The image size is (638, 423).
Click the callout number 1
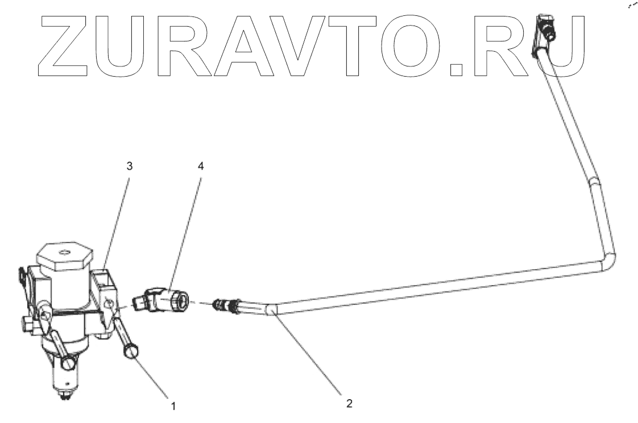[174, 406]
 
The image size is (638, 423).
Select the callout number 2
[349, 404]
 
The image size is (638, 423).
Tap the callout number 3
[130, 166]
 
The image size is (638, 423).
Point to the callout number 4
[200, 166]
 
